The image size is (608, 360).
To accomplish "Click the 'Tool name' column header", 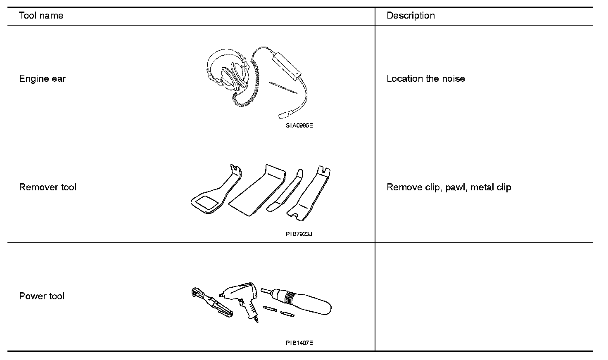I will (x=41, y=16).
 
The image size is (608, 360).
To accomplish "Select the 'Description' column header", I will (x=411, y=16).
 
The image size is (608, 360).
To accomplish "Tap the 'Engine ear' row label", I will (x=42, y=79).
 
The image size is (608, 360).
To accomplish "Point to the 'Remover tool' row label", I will (x=47, y=187).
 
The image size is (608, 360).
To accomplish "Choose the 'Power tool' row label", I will (x=42, y=296).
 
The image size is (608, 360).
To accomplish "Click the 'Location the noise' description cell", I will (x=425, y=79).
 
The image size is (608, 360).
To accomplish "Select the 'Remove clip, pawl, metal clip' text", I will (x=449, y=187).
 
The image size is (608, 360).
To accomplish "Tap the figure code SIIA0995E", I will (x=299, y=126).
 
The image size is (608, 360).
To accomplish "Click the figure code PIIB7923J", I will (x=299, y=234).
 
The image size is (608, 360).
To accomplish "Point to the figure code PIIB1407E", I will (x=299, y=343).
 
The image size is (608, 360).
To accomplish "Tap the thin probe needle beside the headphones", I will (x=283, y=88).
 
